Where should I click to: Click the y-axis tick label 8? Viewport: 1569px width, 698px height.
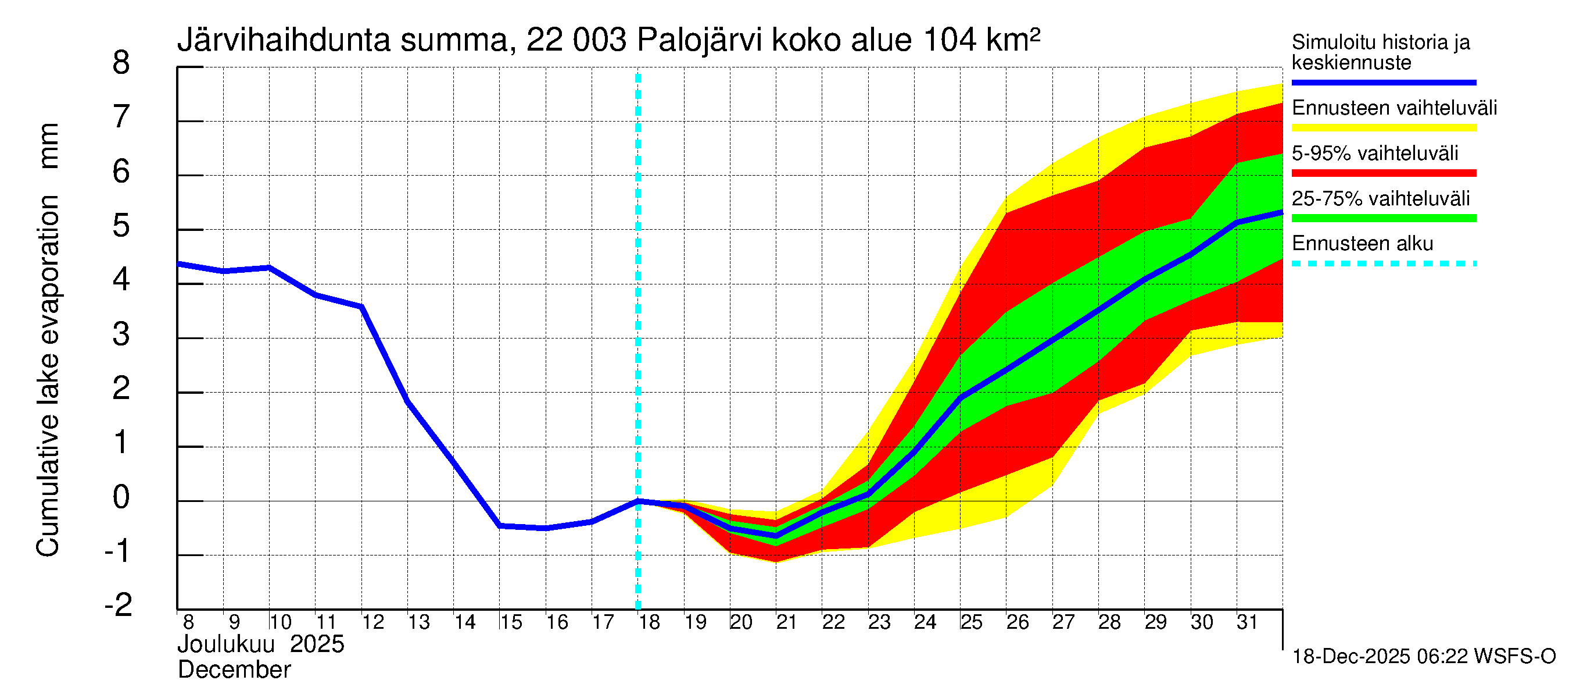[121, 63]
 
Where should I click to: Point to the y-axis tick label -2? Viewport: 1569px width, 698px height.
[118, 606]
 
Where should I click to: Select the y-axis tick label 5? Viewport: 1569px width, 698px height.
[121, 226]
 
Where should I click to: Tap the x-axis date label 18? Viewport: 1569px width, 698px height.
[649, 622]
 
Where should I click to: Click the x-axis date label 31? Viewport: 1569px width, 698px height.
[1248, 622]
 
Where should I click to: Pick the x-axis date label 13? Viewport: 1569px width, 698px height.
[418, 622]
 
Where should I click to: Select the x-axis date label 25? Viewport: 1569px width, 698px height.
[972, 622]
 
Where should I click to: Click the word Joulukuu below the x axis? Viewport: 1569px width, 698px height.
[226, 644]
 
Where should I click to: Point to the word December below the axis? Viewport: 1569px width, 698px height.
[234, 670]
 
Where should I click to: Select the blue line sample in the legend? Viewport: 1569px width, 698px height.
[1383, 82]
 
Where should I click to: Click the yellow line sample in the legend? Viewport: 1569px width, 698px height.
[1383, 128]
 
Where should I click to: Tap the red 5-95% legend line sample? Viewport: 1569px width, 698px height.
[1383, 173]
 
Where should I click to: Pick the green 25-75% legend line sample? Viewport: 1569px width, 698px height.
[1383, 218]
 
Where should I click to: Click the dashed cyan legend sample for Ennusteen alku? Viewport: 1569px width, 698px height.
[1383, 264]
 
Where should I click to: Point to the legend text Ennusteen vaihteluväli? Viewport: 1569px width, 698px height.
[1394, 108]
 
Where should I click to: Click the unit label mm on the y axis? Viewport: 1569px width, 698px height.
[49, 147]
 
